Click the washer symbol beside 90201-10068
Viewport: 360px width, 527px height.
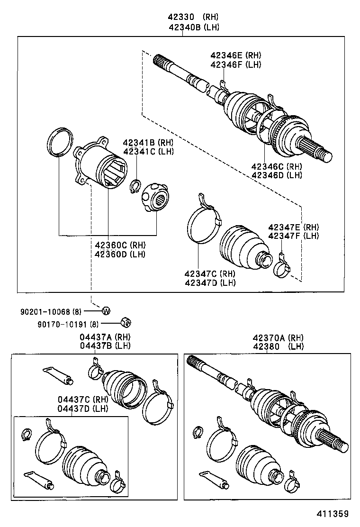[106, 310]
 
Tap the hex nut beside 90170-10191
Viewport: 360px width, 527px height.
[126, 322]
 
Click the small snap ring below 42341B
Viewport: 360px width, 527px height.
[135, 187]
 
